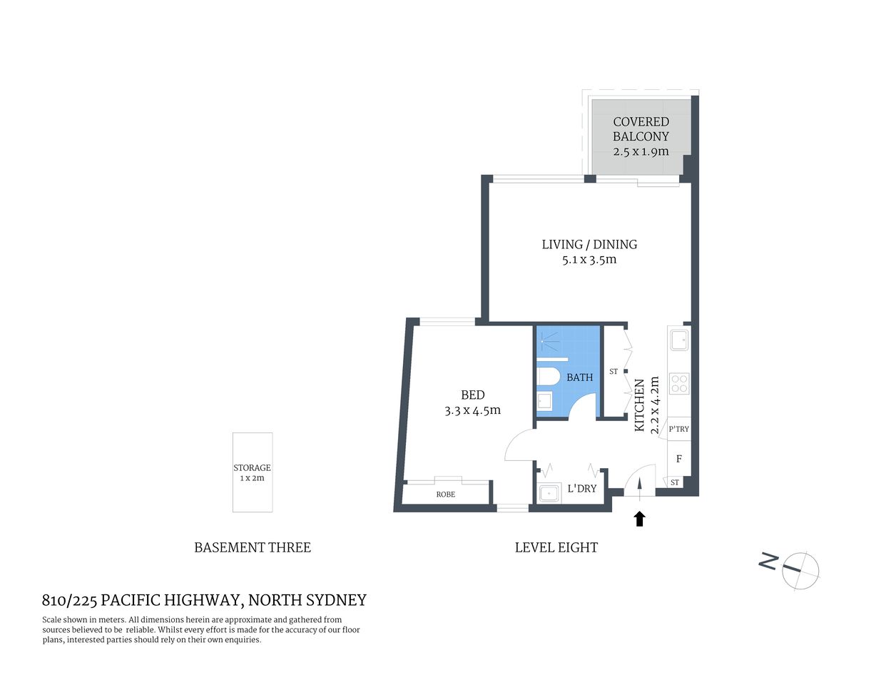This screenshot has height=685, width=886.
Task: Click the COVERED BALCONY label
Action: point(641,129)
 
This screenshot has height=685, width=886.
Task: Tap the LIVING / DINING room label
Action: point(589,244)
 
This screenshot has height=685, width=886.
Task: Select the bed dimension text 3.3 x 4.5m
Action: point(472,410)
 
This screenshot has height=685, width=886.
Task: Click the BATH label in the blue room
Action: point(579,377)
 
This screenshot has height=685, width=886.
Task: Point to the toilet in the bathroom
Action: point(548,376)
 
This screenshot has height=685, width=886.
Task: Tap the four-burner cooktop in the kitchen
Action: point(678,384)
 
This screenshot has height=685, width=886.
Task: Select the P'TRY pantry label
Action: point(678,429)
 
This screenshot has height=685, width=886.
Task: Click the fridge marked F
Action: point(678,459)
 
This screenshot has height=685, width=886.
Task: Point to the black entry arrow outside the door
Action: point(639,519)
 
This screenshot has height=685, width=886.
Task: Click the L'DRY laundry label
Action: point(581,489)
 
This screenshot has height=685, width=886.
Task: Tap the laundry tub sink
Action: point(549,492)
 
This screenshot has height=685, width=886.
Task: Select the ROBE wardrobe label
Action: point(446,494)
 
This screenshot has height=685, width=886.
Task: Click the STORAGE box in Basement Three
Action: point(253,472)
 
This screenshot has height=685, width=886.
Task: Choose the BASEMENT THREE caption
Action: point(253,548)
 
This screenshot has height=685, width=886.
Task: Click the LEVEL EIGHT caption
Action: point(556,548)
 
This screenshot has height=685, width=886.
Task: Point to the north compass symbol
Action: point(799,569)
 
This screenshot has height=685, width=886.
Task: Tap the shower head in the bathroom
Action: point(546,341)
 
